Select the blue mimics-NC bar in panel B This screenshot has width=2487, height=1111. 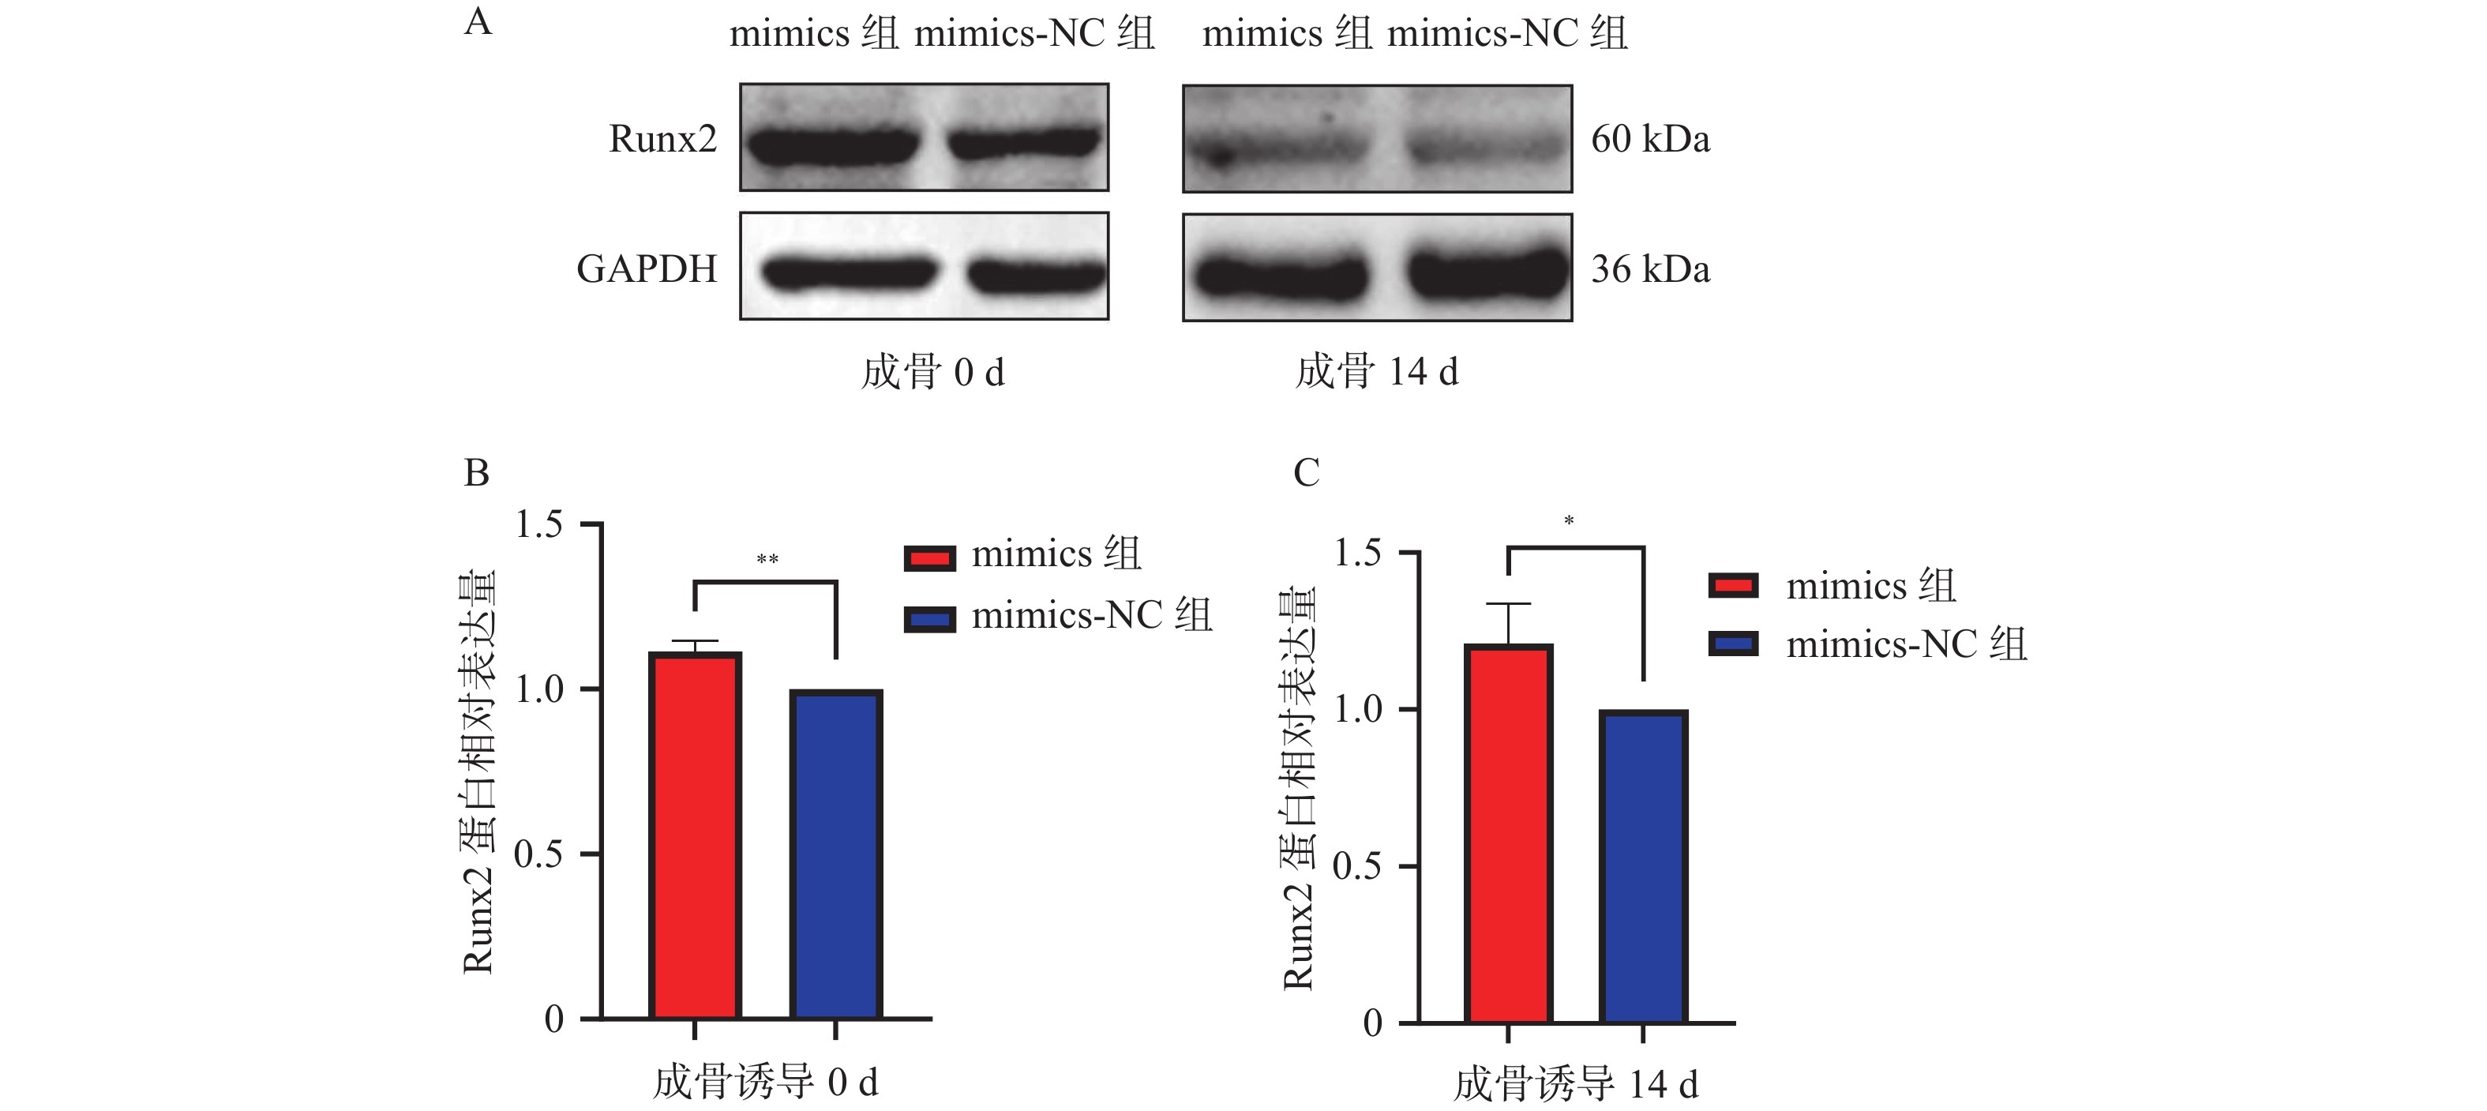836,854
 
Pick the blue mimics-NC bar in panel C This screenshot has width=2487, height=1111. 1643,866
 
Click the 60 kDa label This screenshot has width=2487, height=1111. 1650,139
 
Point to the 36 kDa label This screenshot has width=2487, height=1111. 1650,269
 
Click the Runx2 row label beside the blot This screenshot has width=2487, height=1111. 662,139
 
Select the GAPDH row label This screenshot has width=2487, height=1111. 647,269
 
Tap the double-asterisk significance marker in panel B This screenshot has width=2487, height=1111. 767,560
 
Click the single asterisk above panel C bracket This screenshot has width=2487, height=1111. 1569,521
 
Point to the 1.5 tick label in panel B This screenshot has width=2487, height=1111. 538,524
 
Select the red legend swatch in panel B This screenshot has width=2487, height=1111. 930,558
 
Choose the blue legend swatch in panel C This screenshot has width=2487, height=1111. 1733,644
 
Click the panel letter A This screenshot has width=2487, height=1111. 478,21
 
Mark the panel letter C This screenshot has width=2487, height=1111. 1305,473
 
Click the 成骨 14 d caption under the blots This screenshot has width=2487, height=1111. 1377,372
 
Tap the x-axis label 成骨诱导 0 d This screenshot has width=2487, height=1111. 766,1082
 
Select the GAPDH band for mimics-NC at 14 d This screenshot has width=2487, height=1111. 1486,273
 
